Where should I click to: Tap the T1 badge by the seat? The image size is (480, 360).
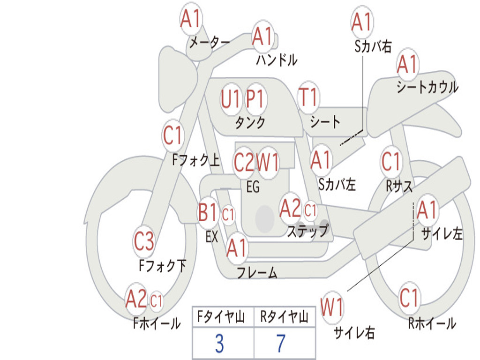(308, 97)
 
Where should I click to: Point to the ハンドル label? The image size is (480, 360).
(277, 60)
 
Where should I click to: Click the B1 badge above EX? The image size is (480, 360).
(208, 213)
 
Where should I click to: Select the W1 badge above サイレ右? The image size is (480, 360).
(332, 308)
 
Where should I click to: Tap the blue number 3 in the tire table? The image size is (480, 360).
(219, 344)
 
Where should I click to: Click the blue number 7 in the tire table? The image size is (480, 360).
(281, 344)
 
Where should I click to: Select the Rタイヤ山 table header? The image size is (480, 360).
(284, 318)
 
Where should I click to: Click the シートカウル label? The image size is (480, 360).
(427, 88)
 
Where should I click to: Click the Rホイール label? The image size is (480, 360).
(432, 323)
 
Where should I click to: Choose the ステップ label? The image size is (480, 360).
(307, 231)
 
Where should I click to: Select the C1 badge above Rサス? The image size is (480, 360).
(391, 162)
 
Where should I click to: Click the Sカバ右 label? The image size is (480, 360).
(373, 46)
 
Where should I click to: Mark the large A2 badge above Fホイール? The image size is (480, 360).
(136, 299)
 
